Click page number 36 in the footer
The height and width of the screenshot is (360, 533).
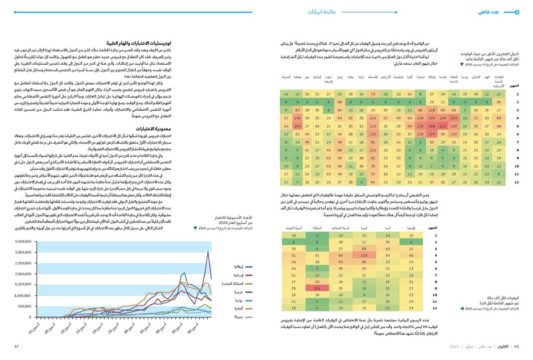coord(524,346)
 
